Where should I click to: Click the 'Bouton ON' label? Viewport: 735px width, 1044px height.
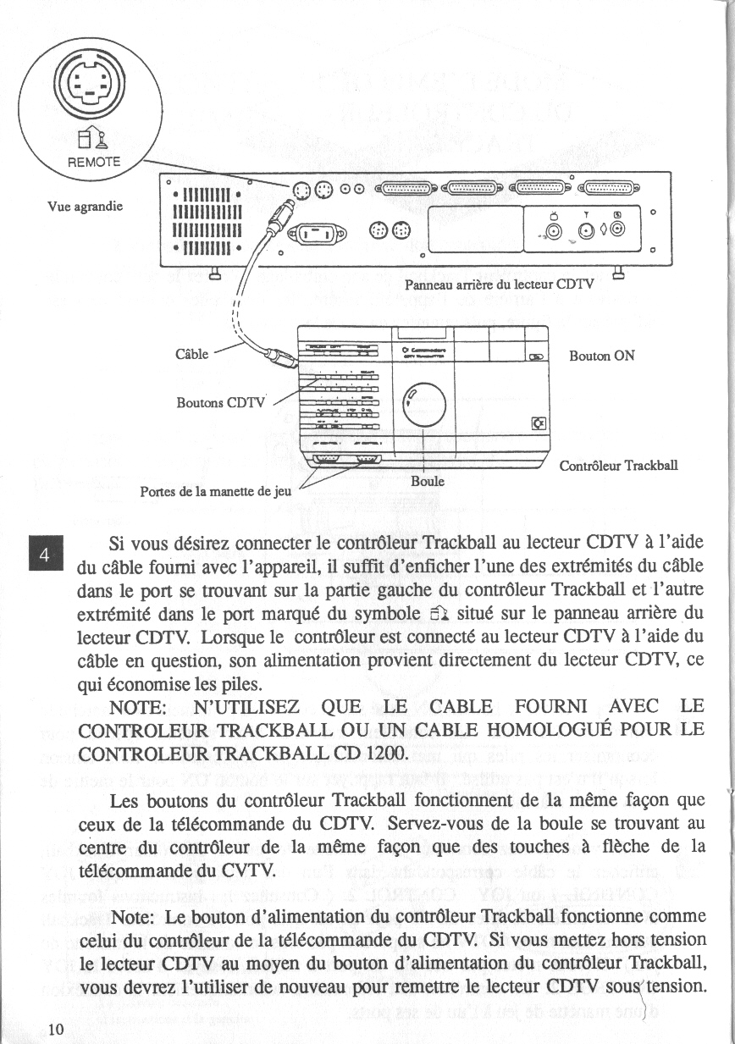602,356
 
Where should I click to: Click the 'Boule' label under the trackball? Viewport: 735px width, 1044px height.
428,481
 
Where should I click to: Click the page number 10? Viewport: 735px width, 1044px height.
57,1029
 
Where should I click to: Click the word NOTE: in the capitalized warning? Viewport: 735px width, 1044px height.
141,707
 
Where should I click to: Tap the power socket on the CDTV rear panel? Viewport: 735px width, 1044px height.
317,235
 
